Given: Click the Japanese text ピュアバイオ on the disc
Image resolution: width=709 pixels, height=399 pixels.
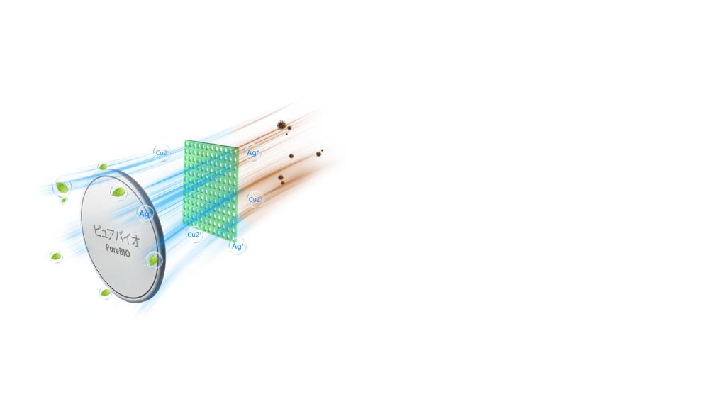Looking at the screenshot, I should tap(116, 233).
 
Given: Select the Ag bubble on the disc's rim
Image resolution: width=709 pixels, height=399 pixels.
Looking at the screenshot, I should tap(145, 213).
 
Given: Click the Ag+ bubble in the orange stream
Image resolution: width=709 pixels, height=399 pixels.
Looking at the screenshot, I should tap(252, 152).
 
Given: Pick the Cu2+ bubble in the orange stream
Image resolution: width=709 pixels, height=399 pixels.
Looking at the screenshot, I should tap(255, 200).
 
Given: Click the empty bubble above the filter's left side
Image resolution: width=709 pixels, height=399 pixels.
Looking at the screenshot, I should tap(162, 152).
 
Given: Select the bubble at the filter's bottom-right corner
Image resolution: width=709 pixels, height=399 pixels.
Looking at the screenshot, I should tap(238, 246).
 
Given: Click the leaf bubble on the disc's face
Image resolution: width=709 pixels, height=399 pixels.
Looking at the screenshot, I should tap(118, 191).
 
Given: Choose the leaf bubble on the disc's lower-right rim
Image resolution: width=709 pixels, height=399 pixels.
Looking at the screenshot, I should tap(154, 259).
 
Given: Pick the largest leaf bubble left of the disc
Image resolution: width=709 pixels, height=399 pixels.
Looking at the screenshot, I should tap(62, 187).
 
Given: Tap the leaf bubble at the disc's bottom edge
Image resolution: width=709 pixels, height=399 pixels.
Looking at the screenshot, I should tap(106, 292).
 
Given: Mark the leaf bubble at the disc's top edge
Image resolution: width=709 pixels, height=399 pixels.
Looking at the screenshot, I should tap(104, 167).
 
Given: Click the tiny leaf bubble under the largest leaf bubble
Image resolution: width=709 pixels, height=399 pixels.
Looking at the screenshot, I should tap(63, 201).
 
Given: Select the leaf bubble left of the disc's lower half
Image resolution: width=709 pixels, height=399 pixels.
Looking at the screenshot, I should tap(56, 256).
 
